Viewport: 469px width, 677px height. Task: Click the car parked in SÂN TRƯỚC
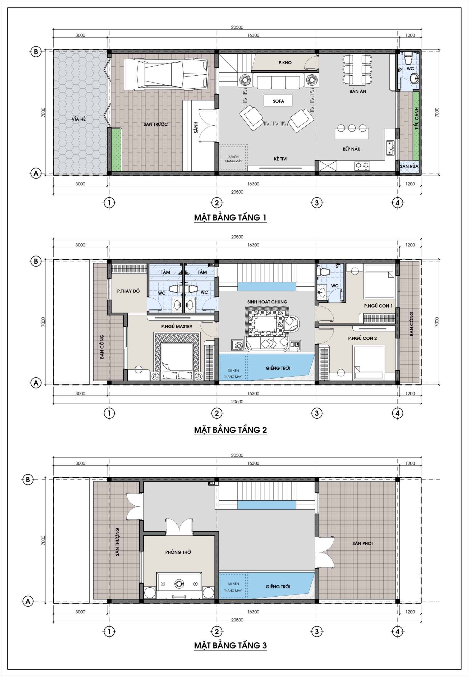[166, 74]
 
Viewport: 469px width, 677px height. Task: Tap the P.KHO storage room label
[285, 63]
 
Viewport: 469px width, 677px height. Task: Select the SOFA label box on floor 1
[278, 101]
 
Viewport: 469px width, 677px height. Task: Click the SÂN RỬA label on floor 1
[409, 166]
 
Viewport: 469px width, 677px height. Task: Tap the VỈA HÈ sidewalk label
[79, 119]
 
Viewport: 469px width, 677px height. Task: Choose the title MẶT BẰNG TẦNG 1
[230, 218]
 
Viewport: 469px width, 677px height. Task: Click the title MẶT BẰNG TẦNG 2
[230, 429]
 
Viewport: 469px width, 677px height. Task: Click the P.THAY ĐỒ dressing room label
[128, 291]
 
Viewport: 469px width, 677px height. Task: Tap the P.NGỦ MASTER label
[177, 326]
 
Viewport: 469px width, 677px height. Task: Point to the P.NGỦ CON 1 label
[378, 306]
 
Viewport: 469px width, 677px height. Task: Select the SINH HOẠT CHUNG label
[267, 301]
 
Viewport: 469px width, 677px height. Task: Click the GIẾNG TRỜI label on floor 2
[278, 368]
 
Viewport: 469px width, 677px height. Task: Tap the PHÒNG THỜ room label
[178, 552]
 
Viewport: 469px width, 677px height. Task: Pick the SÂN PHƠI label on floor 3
[362, 543]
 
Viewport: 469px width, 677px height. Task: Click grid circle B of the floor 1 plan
[36, 52]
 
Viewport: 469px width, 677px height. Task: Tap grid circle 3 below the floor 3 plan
[316, 631]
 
